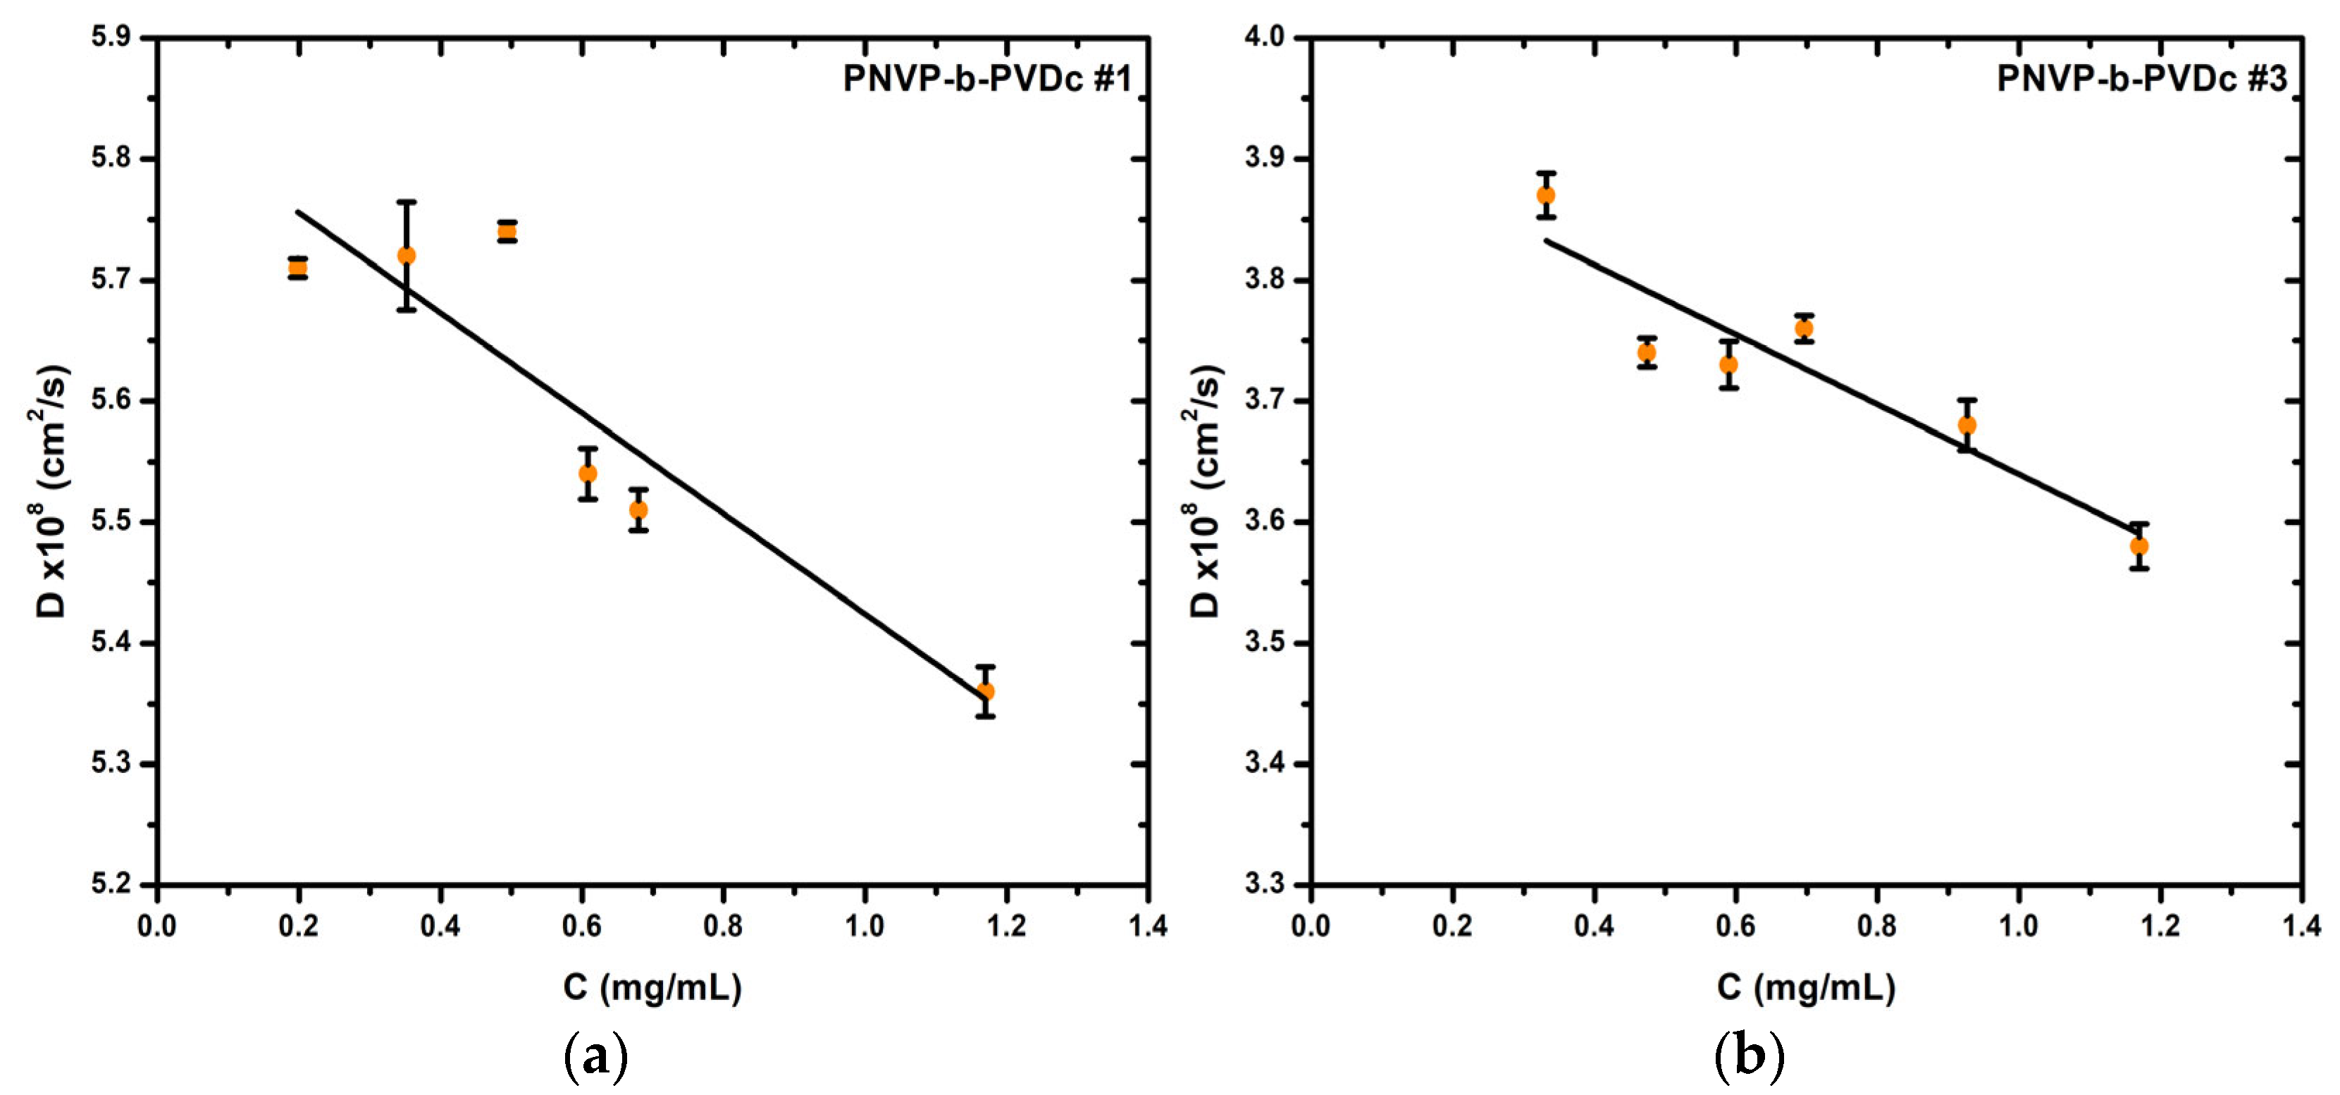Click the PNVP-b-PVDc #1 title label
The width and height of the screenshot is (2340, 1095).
[x=987, y=79]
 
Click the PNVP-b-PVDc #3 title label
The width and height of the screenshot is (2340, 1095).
[x=2142, y=79]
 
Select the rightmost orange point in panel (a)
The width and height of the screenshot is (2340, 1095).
[x=985, y=691]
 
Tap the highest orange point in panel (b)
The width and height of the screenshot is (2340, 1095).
[x=1546, y=195]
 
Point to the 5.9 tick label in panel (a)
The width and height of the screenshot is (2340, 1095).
[x=111, y=37]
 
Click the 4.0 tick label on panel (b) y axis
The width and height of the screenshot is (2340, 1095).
[x=1265, y=37]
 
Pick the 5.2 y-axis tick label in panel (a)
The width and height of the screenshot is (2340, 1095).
[x=111, y=884]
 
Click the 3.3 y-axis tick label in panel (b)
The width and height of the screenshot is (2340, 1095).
[x=1265, y=884]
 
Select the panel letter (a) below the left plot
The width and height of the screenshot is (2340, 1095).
[x=595, y=1057]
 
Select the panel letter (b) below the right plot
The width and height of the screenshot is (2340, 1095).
[x=1749, y=1057]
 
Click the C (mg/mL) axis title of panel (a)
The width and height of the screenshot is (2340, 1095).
[x=652, y=987]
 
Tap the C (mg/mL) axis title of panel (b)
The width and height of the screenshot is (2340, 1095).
[x=1806, y=987]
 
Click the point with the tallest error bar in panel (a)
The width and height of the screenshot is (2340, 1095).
[x=407, y=255]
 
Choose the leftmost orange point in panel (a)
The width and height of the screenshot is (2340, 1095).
[x=298, y=267]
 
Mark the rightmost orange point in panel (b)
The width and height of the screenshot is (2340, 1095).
[x=2139, y=546]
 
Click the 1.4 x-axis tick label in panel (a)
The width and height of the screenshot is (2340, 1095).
[x=1147, y=926]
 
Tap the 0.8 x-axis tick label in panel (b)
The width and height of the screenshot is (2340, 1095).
[x=1877, y=926]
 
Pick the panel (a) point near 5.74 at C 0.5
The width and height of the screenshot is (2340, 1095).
[x=507, y=232]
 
